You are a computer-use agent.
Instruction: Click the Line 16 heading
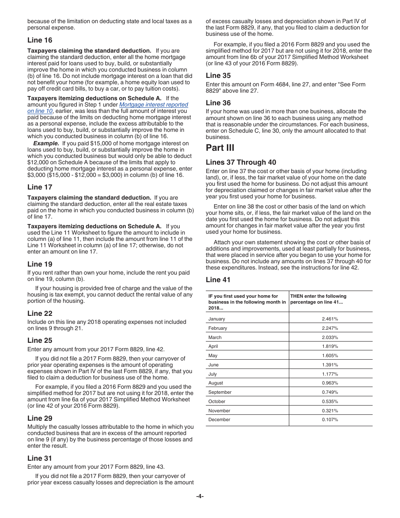[40, 40]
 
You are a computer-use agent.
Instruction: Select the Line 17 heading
[40, 187]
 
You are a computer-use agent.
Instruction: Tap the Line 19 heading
[40, 264]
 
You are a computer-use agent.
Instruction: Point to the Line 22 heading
[40, 313]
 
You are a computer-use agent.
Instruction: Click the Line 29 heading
[40, 418]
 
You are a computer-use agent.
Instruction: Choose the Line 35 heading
[218, 75]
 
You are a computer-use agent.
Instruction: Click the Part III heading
[220, 147]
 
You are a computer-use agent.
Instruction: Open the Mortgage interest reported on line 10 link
[154, 105]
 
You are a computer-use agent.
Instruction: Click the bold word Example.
[46, 143]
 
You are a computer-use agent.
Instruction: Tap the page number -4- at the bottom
[200, 496]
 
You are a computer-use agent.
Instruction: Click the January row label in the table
[217, 319]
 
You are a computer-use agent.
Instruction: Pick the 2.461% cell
[330, 319]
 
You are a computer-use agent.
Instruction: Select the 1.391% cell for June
[330, 365]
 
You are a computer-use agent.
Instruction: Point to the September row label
[220, 392]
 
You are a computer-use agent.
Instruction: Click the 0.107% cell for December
[330, 419]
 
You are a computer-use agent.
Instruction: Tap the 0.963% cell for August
[330, 383]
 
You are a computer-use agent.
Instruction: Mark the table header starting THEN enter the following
[318, 299]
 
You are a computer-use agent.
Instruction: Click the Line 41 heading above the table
[218, 280]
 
